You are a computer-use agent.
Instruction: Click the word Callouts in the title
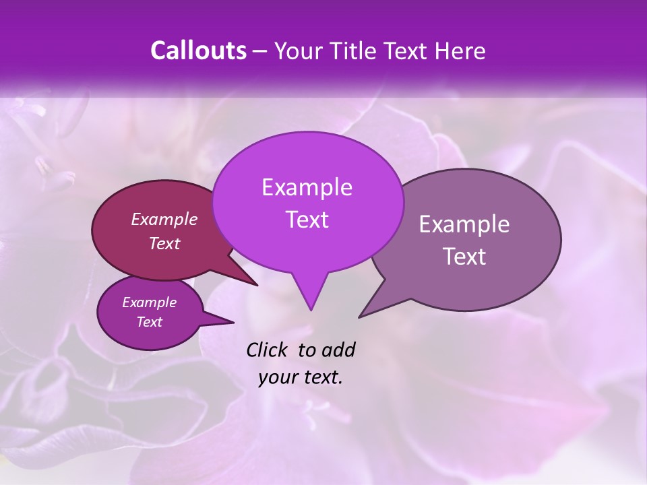(x=198, y=51)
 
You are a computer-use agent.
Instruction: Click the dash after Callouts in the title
(x=259, y=52)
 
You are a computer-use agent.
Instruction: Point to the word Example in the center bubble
(x=307, y=187)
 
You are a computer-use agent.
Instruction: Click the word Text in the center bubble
(x=307, y=220)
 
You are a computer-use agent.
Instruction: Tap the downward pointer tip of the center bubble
(x=311, y=309)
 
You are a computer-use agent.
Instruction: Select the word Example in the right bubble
(x=464, y=224)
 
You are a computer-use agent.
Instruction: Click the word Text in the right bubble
(x=464, y=257)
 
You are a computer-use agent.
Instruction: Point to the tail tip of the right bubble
(x=360, y=316)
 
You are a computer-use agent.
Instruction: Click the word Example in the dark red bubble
(x=164, y=219)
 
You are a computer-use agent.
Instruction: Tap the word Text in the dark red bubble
(x=164, y=243)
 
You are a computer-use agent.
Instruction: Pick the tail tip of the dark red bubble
(x=257, y=285)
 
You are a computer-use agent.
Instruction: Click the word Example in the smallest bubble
(x=149, y=302)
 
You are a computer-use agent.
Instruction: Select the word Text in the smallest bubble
(x=149, y=322)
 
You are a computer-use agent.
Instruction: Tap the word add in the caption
(x=338, y=350)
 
